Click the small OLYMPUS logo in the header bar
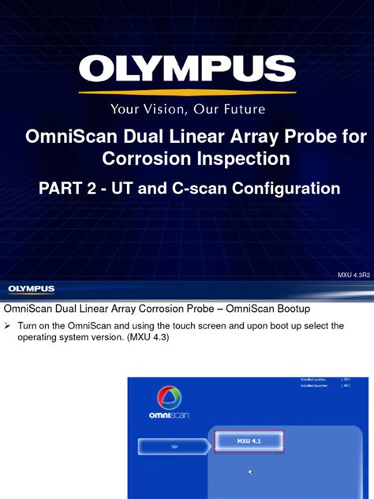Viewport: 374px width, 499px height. [32, 289]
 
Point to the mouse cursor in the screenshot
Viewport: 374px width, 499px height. [250, 472]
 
